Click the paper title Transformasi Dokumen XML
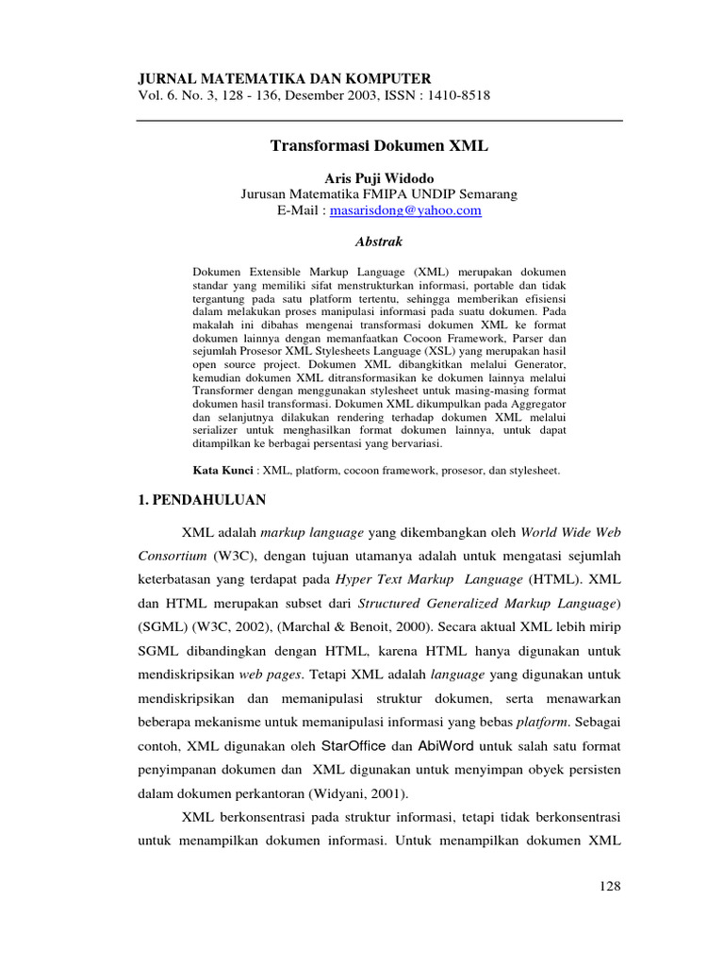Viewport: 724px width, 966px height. coord(380,146)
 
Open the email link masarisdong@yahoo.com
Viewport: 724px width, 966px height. coord(405,211)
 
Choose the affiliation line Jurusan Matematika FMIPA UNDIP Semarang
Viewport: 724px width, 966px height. coord(379,195)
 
